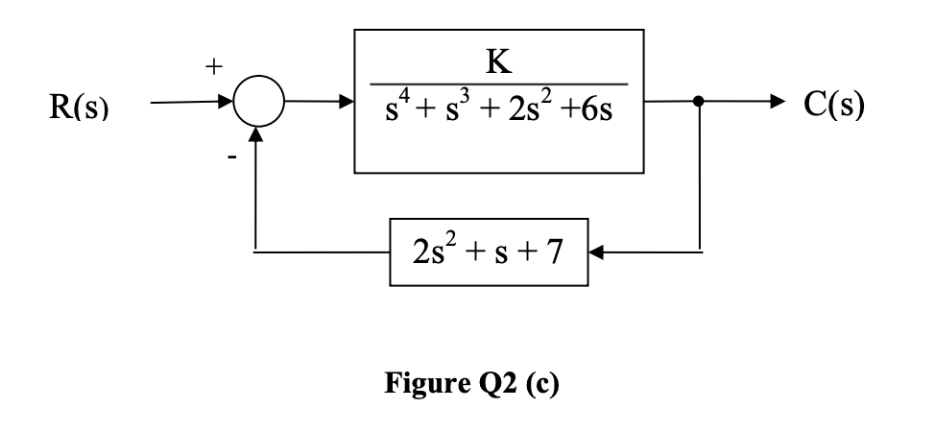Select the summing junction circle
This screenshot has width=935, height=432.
(x=255, y=101)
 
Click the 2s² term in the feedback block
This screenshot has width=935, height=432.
(x=430, y=254)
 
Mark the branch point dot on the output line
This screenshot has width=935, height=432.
(x=701, y=100)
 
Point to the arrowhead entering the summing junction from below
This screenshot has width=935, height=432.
(x=255, y=136)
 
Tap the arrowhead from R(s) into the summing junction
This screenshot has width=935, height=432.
(x=225, y=100)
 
